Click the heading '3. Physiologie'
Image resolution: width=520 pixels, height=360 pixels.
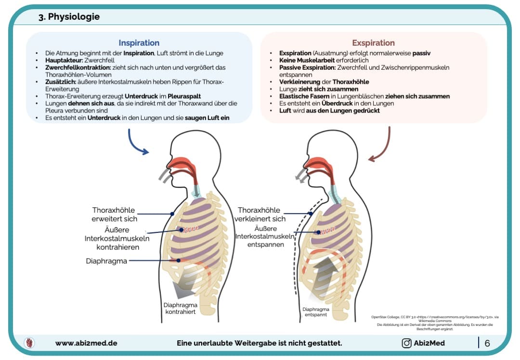pyautogui.click(x=69, y=17)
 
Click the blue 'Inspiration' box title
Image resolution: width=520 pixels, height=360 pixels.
pyautogui.click(x=139, y=43)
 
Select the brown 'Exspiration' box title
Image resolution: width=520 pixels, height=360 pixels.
pyautogui.click(x=373, y=43)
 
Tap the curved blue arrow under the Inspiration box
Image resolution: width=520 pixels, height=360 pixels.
pyautogui.click(x=137, y=143)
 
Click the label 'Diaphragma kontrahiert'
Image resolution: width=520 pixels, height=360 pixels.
pyautogui.click(x=179, y=309)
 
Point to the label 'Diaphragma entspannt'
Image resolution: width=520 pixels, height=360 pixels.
pyautogui.click(x=316, y=312)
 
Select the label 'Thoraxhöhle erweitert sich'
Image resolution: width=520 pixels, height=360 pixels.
pyautogui.click(x=115, y=214)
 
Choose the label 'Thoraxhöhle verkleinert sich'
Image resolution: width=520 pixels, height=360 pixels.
pyautogui.click(x=261, y=214)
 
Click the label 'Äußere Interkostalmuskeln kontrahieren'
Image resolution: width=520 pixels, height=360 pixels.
pyautogui.click(x=117, y=239)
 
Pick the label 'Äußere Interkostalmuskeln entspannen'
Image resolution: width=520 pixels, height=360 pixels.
pyautogui.click(x=265, y=236)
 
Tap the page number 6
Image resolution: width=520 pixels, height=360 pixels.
pyautogui.click(x=487, y=343)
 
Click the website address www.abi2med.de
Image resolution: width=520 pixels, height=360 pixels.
pyautogui.click(x=86, y=343)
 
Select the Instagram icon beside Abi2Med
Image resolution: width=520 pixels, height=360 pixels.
pyautogui.click(x=406, y=343)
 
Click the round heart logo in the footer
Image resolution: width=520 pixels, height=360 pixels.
pyautogui.click(x=29, y=343)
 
